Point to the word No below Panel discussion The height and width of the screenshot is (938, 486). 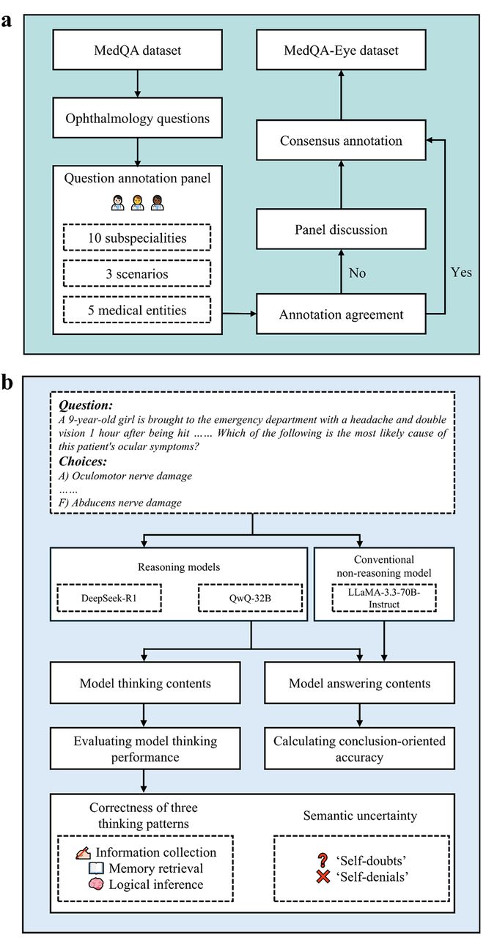coord(357,273)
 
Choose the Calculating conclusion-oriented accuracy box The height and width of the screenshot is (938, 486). coord(359,748)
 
